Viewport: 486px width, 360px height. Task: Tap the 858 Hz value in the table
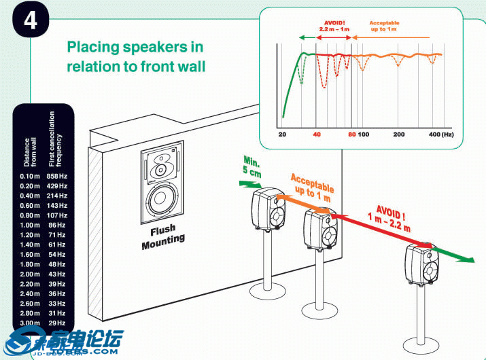pyautogui.click(x=58, y=176)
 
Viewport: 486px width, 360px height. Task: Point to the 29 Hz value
pyautogui.click(x=58, y=323)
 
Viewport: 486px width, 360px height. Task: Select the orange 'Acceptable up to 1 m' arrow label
pyautogui.click(x=311, y=187)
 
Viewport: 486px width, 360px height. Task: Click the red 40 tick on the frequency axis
pyautogui.click(x=316, y=134)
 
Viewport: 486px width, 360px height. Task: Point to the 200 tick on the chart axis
pyautogui.click(x=399, y=134)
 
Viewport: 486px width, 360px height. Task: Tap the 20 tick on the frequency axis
pyautogui.click(x=282, y=134)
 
